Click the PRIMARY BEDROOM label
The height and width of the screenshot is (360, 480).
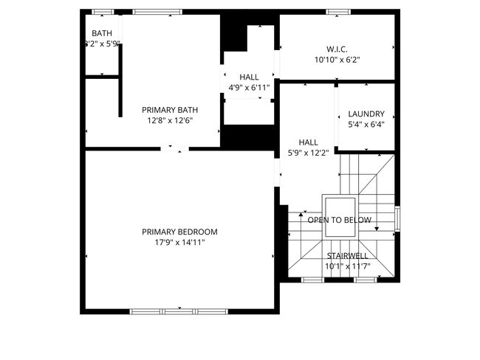point(179,232)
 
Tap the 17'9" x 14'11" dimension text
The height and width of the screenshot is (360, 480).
point(179,242)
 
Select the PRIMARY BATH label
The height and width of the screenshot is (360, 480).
point(170,111)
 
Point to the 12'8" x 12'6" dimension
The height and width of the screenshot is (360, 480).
point(170,121)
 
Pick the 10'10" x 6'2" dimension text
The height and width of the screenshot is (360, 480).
point(337,60)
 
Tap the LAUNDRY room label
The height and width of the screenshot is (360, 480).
point(366,114)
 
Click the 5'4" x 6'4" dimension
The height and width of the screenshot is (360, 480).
point(366,125)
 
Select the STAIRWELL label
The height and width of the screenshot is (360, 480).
point(347,256)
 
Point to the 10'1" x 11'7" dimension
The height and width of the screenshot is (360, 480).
point(347,266)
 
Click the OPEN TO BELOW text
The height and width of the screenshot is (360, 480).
point(340,221)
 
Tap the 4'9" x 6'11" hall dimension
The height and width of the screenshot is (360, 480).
point(249,88)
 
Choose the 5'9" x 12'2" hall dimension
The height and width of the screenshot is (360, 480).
point(308,153)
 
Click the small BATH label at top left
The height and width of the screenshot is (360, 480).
point(101,34)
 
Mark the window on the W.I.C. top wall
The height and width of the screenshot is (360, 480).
point(337,12)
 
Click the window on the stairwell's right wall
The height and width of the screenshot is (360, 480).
point(397,218)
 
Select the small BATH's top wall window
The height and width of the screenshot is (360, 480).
point(103,12)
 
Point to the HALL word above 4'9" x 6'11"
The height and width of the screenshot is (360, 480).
point(249,77)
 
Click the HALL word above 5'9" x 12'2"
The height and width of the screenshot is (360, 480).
point(308,142)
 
